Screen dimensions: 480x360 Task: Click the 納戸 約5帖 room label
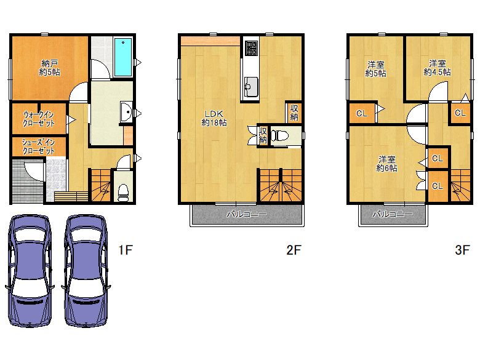pos(50,68)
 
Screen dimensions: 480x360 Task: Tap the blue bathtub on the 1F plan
pos(122,57)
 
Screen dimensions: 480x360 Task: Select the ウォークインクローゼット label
pos(39,119)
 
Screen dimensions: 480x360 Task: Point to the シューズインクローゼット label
pos(38,146)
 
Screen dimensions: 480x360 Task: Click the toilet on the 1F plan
pos(123,192)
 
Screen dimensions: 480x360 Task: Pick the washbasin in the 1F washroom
pos(126,112)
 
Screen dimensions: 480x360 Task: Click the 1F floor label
pos(126,250)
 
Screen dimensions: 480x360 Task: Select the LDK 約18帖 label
pos(214,118)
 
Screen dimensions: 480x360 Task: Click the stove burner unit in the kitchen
pos(251,49)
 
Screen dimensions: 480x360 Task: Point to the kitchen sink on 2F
pos(251,86)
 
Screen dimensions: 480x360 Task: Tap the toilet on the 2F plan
pos(279,135)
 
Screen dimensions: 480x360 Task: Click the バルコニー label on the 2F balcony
pos(247,214)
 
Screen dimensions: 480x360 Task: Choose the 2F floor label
pos(294,250)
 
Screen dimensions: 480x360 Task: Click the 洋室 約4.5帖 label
pos(437,68)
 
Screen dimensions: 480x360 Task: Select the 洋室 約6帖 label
pos(387,164)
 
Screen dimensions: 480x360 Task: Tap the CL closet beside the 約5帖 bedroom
pos(362,113)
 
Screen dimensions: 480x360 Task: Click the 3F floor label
pos(462,250)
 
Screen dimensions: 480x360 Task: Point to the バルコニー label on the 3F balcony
pos(393,214)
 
